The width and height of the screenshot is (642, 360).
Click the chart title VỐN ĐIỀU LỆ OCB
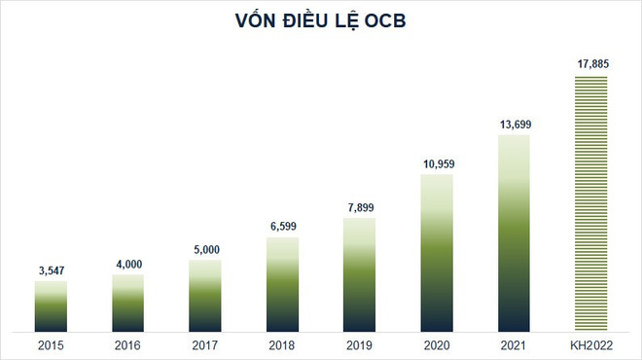[x=321, y=21]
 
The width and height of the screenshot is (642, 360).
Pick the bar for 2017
[x=204, y=296]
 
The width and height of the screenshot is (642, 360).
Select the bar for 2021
[x=514, y=234]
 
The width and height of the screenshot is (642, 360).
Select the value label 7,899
[x=359, y=205]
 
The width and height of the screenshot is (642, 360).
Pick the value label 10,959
[x=436, y=162]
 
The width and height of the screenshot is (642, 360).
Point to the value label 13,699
[x=514, y=124]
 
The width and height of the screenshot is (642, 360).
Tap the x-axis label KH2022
[x=590, y=345]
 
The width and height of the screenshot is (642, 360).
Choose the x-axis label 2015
[x=51, y=345]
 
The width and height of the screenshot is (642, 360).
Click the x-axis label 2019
[x=359, y=345]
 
